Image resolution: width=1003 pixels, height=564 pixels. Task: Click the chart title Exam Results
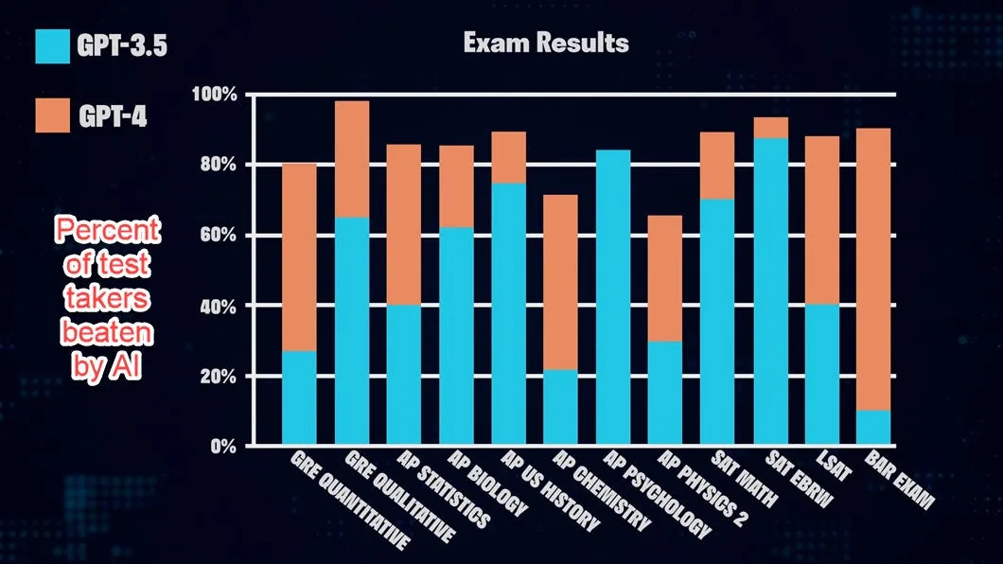(x=546, y=43)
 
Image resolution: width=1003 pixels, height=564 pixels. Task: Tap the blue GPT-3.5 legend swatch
(x=52, y=46)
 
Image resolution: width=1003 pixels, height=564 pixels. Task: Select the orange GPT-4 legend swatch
(x=52, y=115)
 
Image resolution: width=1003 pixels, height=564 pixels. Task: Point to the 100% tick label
(x=214, y=95)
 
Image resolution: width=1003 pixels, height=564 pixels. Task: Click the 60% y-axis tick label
(x=219, y=236)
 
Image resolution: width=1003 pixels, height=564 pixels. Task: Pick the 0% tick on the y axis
(x=223, y=447)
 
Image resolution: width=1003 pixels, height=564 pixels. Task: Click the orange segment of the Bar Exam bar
(x=873, y=269)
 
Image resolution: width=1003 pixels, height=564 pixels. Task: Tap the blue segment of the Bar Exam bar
(x=873, y=427)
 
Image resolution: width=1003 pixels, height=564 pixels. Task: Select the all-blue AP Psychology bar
(x=613, y=297)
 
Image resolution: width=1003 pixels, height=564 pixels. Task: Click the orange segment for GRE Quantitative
(x=299, y=257)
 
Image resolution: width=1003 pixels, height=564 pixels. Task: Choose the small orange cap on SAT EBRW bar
(x=771, y=128)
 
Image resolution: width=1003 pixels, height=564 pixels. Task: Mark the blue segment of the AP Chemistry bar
(x=560, y=407)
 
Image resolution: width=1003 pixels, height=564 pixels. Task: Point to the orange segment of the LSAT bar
(x=822, y=220)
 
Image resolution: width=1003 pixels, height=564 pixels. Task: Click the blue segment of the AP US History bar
(x=508, y=314)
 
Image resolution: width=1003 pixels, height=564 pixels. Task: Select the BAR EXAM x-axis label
(x=899, y=480)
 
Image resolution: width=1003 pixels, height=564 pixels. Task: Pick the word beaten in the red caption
(x=108, y=332)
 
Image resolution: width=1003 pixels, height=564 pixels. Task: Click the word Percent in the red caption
(x=108, y=230)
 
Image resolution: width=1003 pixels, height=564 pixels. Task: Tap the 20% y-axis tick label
(x=219, y=376)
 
